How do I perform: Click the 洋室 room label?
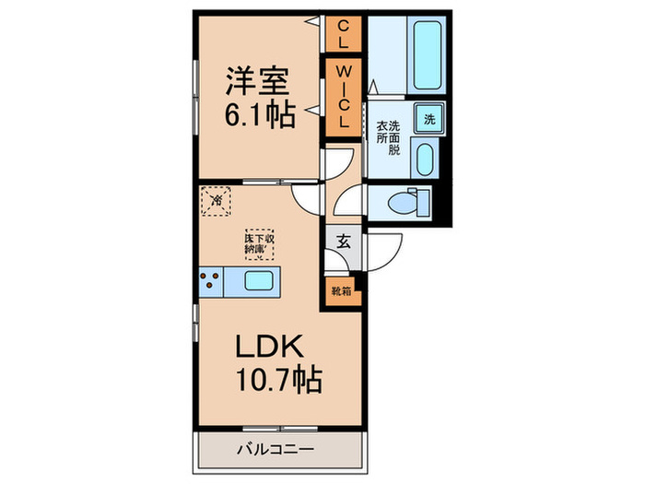coord(259,80)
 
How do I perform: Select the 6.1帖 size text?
coord(259,116)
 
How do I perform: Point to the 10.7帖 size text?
coord(271,379)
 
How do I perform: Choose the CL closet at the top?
coord(342,34)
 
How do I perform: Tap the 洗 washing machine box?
coord(429,118)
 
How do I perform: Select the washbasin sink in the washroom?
coord(425,159)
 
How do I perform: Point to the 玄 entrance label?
coord(342,242)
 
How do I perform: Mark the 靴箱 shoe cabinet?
coord(341,291)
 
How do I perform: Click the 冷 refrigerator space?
coord(218,200)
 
